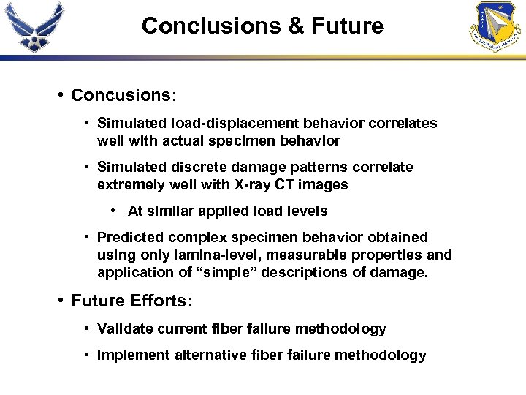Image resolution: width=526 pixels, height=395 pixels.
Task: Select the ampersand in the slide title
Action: (296, 26)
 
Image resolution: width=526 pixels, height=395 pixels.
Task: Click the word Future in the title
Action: (347, 26)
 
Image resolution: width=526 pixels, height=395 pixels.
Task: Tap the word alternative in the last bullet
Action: (209, 355)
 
